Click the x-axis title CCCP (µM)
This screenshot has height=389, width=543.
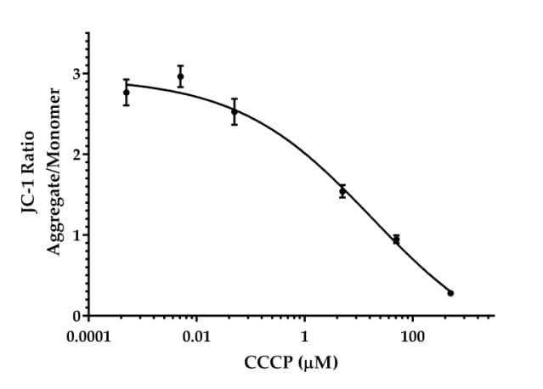(291, 364)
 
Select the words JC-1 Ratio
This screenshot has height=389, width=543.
(30, 175)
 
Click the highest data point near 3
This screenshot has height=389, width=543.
(180, 76)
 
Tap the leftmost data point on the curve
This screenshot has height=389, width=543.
(127, 92)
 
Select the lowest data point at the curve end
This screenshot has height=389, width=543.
(450, 293)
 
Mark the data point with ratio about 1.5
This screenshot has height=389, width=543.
(342, 192)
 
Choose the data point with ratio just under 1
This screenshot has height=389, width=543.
(396, 240)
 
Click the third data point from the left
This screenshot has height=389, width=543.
(235, 111)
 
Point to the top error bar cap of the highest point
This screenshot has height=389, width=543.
(180, 66)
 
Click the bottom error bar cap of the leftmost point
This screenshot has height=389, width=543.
(127, 104)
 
